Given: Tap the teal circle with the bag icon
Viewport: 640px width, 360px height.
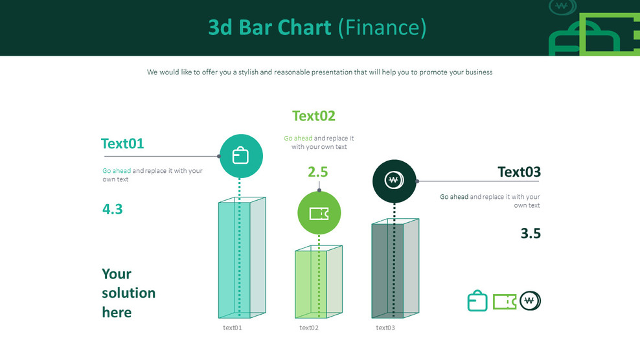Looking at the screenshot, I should click(x=241, y=156).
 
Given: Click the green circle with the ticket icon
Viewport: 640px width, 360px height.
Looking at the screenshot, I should click(x=319, y=213).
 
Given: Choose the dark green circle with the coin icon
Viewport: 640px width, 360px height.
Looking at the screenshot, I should click(x=394, y=181).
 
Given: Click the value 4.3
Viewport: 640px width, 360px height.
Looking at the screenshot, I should click(x=113, y=209).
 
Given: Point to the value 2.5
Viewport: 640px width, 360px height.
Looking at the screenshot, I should click(x=317, y=172).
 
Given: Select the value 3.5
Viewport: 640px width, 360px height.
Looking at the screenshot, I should click(x=531, y=234).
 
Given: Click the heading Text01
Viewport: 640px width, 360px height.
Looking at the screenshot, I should click(x=122, y=144).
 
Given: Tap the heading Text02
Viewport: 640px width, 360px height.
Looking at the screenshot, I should click(x=314, y=116).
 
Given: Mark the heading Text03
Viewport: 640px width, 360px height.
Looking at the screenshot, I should click(x=519, y=172).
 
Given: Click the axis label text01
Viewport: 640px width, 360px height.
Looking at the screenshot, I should click(x=233, y=328).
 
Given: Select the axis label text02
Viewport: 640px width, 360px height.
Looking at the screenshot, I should click(x=309, y=328).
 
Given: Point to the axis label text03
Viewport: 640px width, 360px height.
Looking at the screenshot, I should click(x=385, y=328).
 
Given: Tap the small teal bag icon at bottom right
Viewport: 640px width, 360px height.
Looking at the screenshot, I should click(x=477, y=301).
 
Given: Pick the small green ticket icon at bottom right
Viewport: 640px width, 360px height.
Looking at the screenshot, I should click(x=505, y=302).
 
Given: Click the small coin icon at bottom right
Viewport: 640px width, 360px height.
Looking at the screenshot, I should click(x=530, y=301).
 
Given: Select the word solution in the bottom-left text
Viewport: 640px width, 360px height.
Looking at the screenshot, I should click(x=128, y=293).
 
